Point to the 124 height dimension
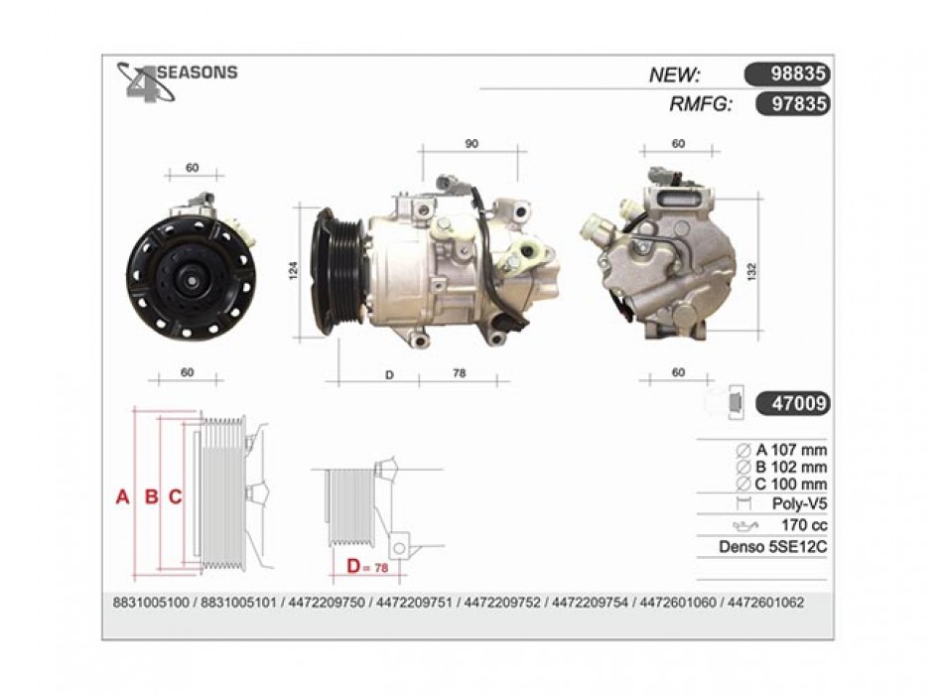tap(294, 271)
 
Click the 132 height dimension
tap(751, 271)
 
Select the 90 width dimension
tap(472, 144)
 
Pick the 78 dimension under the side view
tap(459, 373)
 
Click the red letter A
tap(123, 497)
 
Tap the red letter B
tap(152, 497)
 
